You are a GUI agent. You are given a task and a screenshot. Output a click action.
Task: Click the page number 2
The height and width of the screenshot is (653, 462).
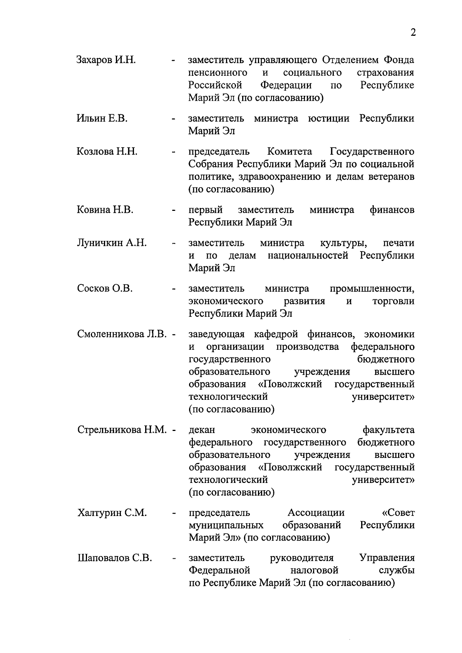(413, 33)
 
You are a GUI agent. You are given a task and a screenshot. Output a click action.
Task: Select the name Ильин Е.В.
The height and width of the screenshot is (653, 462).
(102, 118)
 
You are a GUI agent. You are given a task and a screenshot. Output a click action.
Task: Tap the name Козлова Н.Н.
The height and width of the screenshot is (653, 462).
(107, 151)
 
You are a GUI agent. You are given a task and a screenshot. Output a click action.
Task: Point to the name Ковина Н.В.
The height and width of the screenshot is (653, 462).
(105, 210)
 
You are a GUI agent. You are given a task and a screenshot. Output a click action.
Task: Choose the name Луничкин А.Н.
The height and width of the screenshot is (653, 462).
(112, 243)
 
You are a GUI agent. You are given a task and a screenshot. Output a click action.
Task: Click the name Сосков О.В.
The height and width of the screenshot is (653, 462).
(105, 288)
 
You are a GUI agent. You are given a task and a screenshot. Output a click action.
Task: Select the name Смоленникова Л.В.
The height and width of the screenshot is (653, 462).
(122, 334)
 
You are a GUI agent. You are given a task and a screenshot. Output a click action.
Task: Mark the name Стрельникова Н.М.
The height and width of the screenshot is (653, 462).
(122, 429)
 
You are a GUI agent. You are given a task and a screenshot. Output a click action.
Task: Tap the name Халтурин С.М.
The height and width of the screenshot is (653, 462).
(112, 513)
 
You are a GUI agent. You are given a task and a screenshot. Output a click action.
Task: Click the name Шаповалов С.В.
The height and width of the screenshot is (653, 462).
(114, 558)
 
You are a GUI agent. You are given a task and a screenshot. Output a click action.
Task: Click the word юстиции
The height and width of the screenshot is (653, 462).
(329, 118)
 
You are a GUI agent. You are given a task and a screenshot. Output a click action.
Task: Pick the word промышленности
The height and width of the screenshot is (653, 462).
(372, 289)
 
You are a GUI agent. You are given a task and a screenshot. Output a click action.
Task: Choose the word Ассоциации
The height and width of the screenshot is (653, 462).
(316, 513)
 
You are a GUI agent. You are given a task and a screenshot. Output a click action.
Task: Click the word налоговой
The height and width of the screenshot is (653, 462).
(315, 570)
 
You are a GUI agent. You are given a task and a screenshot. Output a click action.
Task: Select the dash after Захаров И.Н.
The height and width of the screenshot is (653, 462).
(174, 61)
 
